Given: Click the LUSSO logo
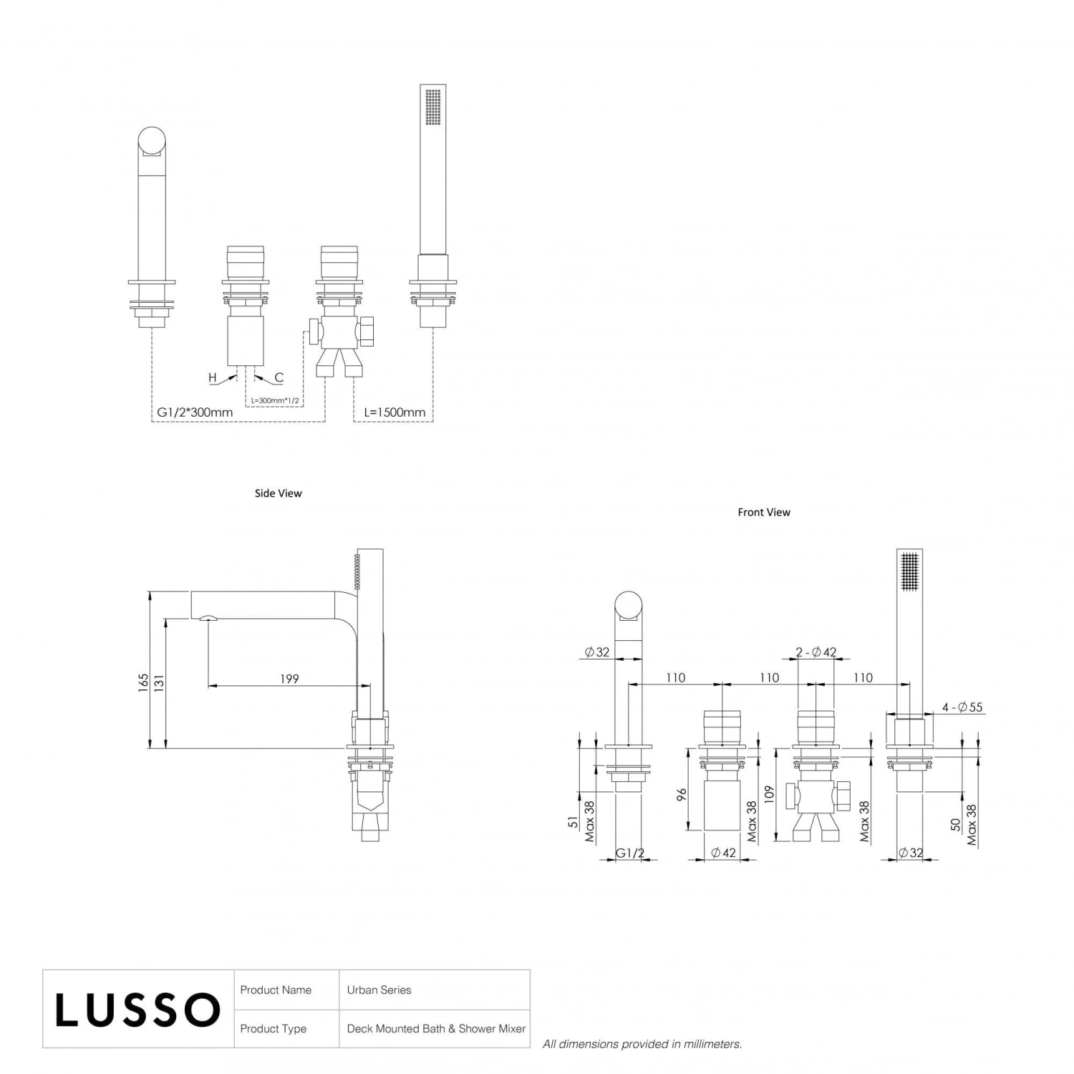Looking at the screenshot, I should click(137, 1010).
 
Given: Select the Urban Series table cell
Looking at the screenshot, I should click(379, 990).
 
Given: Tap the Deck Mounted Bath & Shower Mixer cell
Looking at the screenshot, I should click(435, 1029).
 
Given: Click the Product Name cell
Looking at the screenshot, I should click(276, 990).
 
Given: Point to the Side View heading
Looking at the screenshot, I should click(278, 493).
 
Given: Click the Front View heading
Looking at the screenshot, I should click(763, 513).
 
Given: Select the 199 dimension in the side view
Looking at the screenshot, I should click(289, 679).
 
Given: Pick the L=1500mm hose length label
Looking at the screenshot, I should click(395, 412).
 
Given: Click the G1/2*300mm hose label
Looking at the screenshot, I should click(195, 412).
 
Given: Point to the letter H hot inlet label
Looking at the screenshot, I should click(213, 377).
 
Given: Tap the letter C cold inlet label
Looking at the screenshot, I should click(279, 377).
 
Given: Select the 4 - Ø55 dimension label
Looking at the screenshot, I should click(962, 707).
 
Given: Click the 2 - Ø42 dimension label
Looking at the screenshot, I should click(816, 652).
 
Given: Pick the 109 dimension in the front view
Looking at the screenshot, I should click(769, 793).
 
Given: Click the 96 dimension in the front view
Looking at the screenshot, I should click(682, 795).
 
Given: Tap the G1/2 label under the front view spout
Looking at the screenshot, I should click(630, 853).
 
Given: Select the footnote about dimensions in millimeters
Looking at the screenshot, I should click(642, 1045).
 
